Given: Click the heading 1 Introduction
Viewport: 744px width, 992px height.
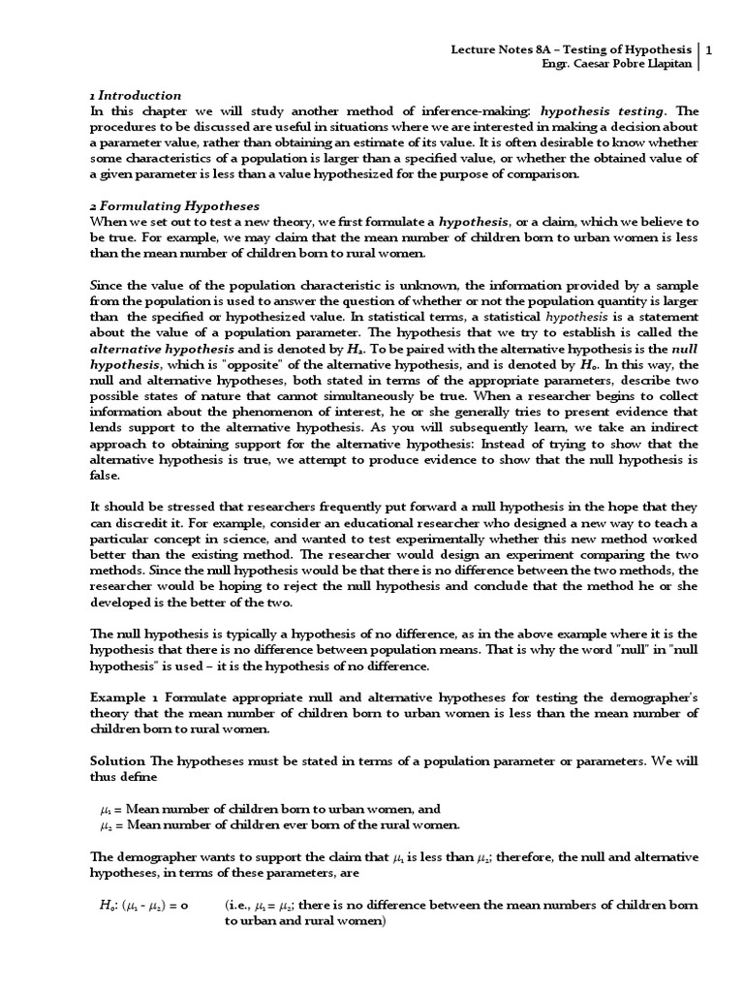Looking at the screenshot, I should point(135,96).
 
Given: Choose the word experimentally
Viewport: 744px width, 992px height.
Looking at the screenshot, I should point(423,552).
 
